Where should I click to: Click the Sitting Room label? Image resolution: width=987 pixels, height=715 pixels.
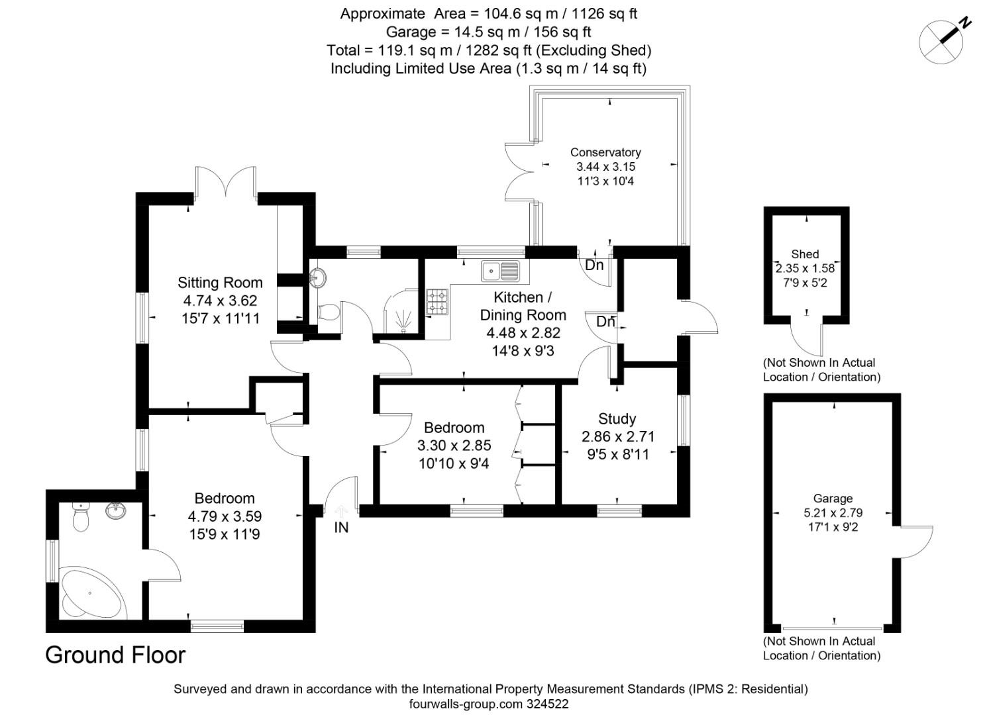pyautogui.click(x=220, y=283)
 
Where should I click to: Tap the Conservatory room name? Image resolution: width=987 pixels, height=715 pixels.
pyautogui.click(x=605, y=152)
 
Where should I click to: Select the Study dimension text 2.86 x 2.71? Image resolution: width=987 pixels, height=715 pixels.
pyautogui.click(x=617, y=436)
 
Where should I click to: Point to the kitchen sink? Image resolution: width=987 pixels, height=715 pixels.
pyautogui.click(x=501, y=270)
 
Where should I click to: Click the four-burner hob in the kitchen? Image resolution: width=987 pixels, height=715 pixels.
pyautogui.click(x=437, y=301)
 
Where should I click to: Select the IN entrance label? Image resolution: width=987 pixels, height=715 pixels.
pyautogui.click(x=341, y=528)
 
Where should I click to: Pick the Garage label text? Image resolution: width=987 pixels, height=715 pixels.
pyautogui.click(x=833, y=499)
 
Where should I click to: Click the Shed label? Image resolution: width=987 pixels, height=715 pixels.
pyautogui.click(x=805, y=254)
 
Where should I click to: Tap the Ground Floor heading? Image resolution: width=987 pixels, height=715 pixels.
pyautogui.click(x=115, y=655)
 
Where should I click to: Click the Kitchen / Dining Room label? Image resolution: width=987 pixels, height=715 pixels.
pyautogui.click(x=523, y=306)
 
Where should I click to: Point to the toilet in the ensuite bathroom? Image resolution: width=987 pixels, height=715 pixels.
pyautogui.click(x=81, y=517)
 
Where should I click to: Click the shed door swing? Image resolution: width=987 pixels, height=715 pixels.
pyautogui.click(x=808, y=338)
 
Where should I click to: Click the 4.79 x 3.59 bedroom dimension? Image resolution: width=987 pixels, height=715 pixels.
pyautogui.click(x=225, y=516)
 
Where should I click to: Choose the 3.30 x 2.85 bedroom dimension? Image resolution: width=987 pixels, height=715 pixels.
pyautogui.click(x=454, y=446)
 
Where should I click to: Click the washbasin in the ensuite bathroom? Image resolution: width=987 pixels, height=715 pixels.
pyautogui.click(x=117, y=510)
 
